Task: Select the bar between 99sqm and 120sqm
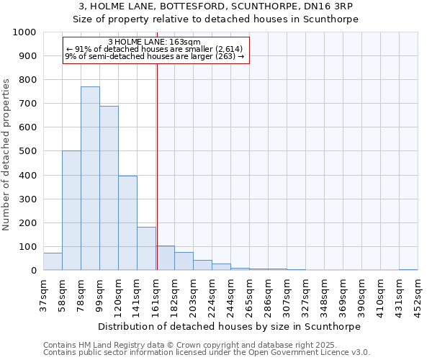click(109, 188)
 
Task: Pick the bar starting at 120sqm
click(127, 222)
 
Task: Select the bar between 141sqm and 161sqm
click(146, 248)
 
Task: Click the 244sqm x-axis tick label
click(231, 295)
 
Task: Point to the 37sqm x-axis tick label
click(44, 295)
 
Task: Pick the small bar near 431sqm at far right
click(408, 269)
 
